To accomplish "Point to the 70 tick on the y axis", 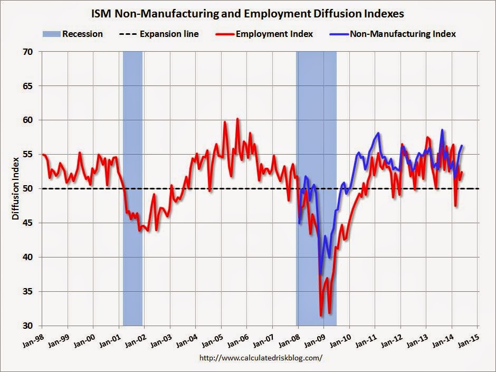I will click(x=31, y=52).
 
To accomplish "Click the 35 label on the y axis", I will click(x=31, y=292).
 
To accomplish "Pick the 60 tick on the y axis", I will click(x=31, y=120).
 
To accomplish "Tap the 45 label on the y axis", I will click(x=31, y=223).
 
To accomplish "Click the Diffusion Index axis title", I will click(x=16, y=188).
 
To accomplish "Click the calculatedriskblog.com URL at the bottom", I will click(x=261, y=358).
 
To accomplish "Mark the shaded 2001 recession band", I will click(x=132, y=188).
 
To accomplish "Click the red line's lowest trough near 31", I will click(x=321, y=316).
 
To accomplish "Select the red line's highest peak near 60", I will click(x=237, y=119).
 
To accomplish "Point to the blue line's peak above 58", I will click(x=442, y=130).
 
